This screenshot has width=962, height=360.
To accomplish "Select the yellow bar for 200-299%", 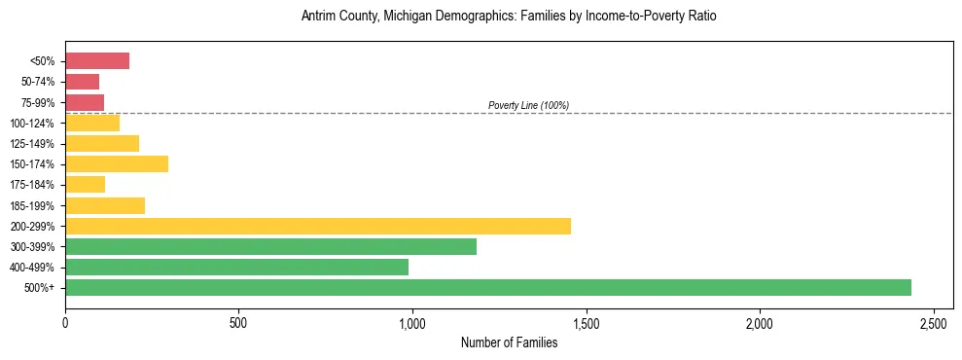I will (318, 226).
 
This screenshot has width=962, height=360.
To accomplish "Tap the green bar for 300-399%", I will (270, 246).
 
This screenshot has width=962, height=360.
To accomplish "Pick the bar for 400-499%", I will (236, 267).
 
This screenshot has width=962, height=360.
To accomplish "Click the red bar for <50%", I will (97, 61).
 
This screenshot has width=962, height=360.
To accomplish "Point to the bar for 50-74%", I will (82, 82).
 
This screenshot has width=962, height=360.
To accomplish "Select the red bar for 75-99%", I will (85, 102).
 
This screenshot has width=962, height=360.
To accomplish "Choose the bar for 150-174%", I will (117, 163).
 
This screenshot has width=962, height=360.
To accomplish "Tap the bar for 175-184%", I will (85, 184).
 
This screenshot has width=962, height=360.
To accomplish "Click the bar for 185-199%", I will (105, 205).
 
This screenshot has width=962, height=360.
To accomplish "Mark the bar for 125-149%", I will (102, 143).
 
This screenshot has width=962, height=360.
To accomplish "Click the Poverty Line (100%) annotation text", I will (528, 105).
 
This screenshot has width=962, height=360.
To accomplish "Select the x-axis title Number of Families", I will (509, 342).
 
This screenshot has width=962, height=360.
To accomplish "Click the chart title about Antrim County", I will (509, 17).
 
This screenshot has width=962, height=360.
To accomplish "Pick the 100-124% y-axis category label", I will (32, 124).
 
